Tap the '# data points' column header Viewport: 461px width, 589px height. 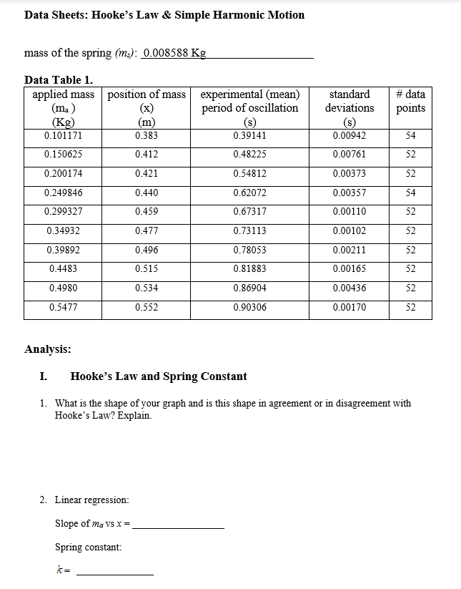pyautogui.click(x=410, y=101)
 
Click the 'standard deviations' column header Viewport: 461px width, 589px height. pyautogui.click(x=350, y=107)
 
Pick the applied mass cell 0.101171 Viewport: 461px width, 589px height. pyautogui.click(x=62, y=135)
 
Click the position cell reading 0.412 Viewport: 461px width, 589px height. pyautogui.click(x=147, y=154)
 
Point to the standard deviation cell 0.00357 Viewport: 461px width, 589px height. pyautogui.click(x=350, y=193)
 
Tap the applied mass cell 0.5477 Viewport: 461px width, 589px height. pyautogui.click(x=64, y=307)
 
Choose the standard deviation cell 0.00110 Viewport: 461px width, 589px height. pyautogui.click(x=350, y=211)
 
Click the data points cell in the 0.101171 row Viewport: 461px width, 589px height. pyautogui.click(x=410, y=135)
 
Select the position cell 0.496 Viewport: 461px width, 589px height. pyautogui.click(x=147, y=250)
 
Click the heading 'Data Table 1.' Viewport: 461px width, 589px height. pyautogui.click(x=59, y=79)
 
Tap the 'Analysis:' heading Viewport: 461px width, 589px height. pyautogui.click(x=47, y=349)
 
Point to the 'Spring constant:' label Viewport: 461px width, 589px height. pyautogui.click(x=88, y=547)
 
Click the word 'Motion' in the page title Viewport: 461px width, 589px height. pyautogui.click(x=286, y=15)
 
